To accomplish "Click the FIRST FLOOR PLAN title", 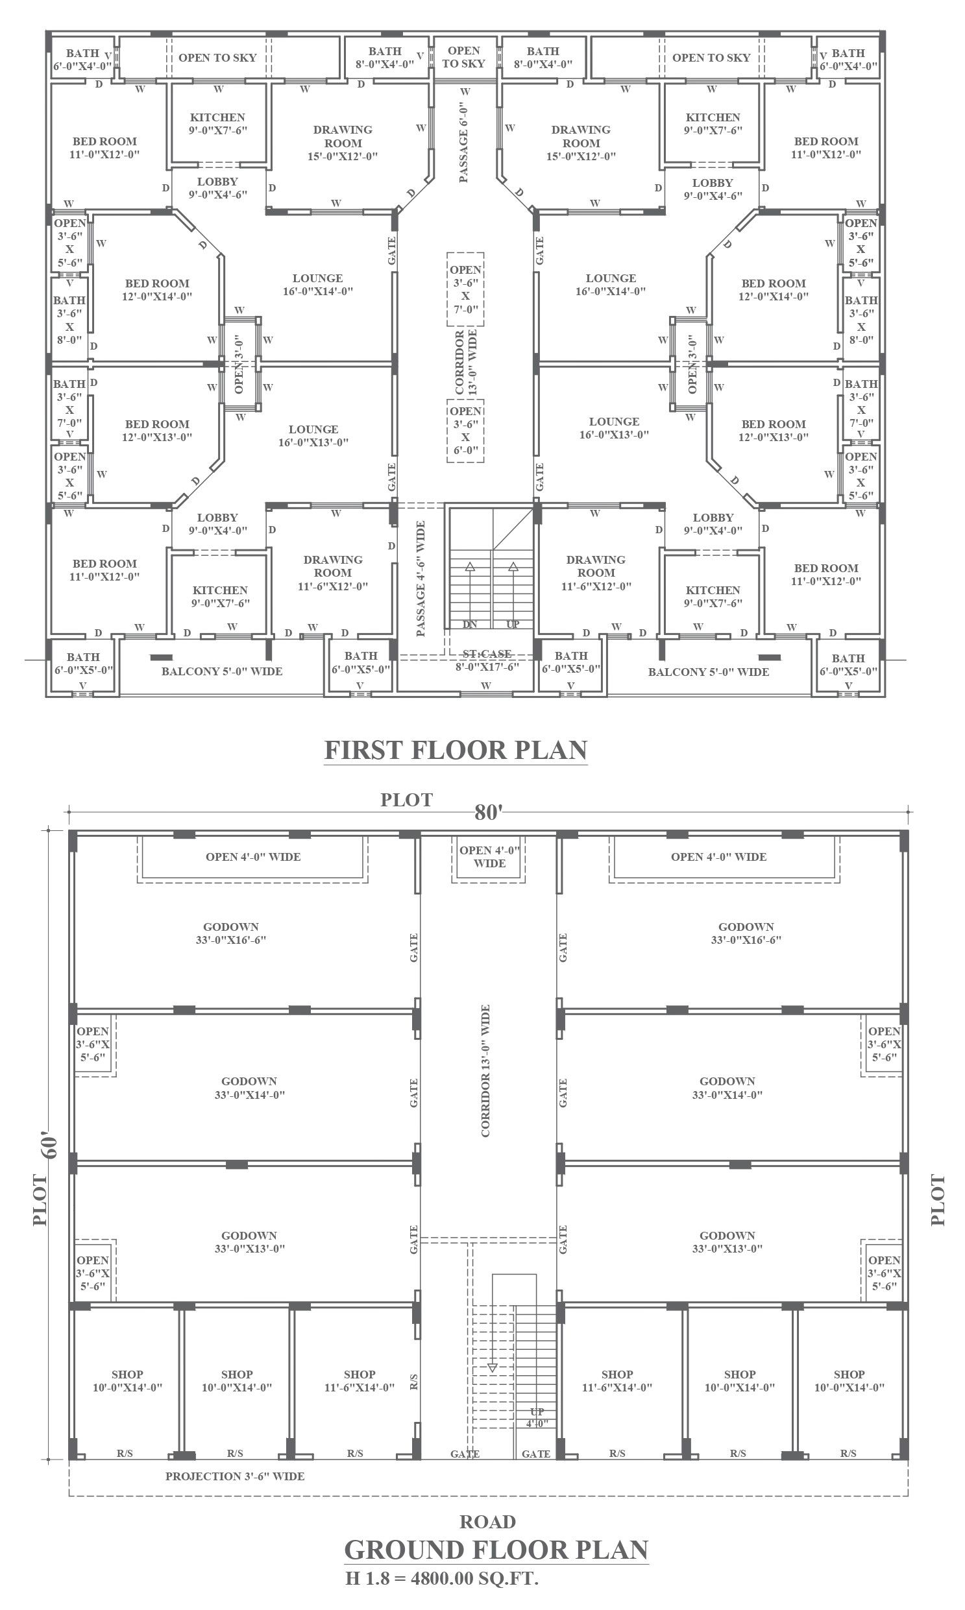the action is point(456,750).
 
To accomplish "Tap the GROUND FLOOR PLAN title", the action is point(496,1550).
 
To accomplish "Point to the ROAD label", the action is point(488,1522).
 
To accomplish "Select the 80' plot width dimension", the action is point(489,813).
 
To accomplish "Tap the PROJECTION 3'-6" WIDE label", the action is point(235,1476).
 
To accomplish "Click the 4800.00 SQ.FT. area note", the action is point(474,1578).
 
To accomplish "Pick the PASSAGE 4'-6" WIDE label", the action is point(421,579).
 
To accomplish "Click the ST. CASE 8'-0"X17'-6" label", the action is point(487,660).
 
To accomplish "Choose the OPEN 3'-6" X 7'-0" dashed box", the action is point(465,289).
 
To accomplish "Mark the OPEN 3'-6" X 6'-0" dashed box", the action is point(465,430).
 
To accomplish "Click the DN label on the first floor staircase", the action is point(470,624).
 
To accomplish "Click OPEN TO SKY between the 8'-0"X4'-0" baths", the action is point(463,57).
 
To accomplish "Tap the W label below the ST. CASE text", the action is point(486,686).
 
